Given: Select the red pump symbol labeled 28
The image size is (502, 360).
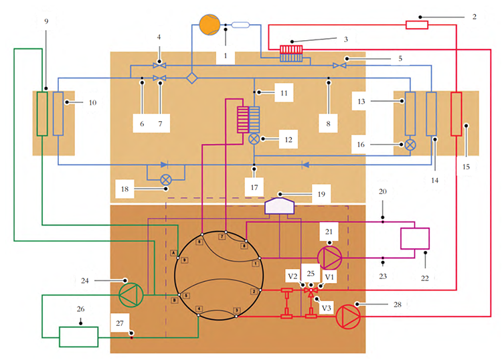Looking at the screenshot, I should point(347,314).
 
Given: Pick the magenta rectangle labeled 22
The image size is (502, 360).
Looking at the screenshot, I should point(414,239).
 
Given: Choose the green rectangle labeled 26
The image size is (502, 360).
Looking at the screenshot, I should point(78,337).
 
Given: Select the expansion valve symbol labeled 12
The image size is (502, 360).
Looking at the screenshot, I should point(254,139).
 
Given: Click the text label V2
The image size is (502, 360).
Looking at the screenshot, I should point(292,276).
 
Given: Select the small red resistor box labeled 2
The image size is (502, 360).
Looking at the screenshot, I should point(416,25).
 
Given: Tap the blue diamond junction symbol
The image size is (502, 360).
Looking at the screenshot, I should point(191,78).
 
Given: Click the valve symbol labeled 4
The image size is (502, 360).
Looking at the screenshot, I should point(159,64).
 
